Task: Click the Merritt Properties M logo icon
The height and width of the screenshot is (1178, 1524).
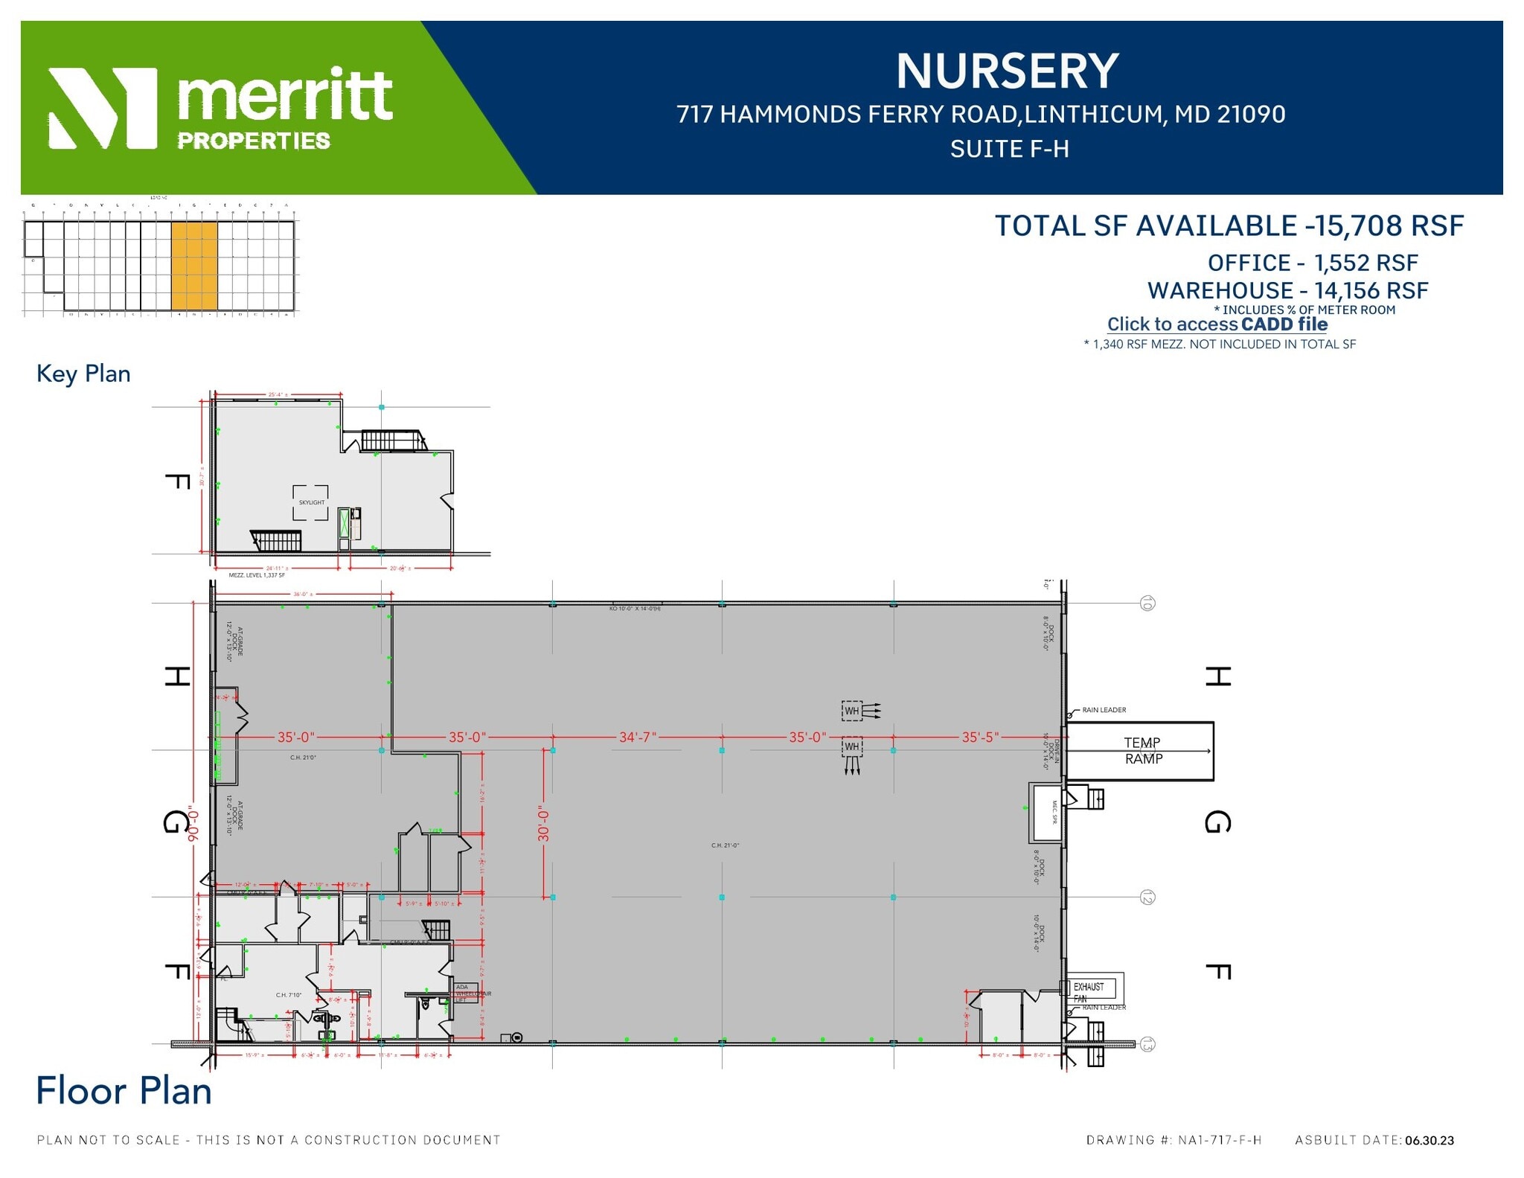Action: (x=103, y=108)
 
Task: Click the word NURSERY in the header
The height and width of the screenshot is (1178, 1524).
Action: (x=1007, y=71)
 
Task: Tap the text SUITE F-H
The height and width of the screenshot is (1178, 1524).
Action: (x=1009, y=150)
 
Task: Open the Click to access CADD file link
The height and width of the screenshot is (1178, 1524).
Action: (x=1217, y=324)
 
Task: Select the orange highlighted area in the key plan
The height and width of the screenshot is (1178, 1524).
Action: (x=194, y=265)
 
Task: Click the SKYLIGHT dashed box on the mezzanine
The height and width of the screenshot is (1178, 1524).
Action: (x=311, y=502)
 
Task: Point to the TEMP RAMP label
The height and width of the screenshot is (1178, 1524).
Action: (x=1142, y=750)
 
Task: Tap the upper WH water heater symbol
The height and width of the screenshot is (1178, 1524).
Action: (x=852, y=711)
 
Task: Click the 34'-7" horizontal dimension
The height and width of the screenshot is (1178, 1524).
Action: (x=637, y=737)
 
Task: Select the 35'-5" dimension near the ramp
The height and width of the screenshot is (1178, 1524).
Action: (x=979, y=737)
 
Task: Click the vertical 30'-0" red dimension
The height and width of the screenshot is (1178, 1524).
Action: (x=544, y=825)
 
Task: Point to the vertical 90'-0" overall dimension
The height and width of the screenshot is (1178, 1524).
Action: (x=194, y=823)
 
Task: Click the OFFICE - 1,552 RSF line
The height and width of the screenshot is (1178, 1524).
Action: (x=1312, y=263)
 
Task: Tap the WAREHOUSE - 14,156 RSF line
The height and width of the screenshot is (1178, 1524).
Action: (x=1287, y=290)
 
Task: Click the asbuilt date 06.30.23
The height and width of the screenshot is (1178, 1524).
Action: (x=1429, y=1140)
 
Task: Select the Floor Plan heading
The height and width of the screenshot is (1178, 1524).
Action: (x=124, y=1091)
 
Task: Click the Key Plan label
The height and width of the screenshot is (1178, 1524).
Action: (x=83, y=374)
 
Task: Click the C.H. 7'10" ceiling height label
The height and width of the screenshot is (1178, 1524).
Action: (x=289, y=994)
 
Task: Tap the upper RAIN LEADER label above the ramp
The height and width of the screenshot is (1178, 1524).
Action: (x=1104, y=710)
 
